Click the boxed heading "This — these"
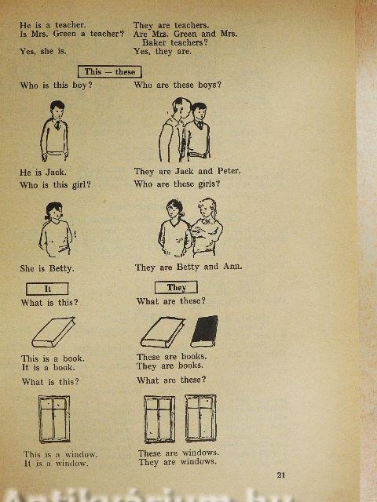coord(110,71)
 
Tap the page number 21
coord(281,475)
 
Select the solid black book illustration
coord(204,331)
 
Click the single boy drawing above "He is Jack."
coord(54,131)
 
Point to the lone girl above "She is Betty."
coord(56,229)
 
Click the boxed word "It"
coord(47,289)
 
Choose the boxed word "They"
coord(176,288)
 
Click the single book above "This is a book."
coord(53,333)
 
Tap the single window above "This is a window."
coord(54,419)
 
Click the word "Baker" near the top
coord(155,42)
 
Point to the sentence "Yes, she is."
coord(43,51)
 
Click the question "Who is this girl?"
coord(55,185)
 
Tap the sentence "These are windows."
coord(178,453)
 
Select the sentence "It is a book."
coord(49,368)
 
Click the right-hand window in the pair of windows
coord(201,418)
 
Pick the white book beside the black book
coord(163,333)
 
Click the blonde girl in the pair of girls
coord(207,227)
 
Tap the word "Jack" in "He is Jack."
coord(56,173)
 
